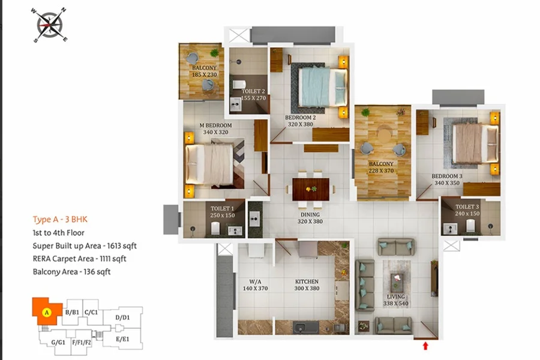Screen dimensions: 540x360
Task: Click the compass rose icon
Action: [50, 25]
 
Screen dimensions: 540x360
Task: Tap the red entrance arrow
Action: [425, 346]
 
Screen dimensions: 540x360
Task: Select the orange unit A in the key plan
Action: [46, 311]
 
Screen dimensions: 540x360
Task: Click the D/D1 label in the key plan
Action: [122, 317]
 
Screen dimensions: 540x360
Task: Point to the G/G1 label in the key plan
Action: [58, 343]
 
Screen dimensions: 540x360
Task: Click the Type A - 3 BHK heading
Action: [60, 220]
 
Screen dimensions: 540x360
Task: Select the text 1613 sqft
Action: [122, 245]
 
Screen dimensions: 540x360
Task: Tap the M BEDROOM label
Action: [215, 125]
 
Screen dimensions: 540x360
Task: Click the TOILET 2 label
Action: [253, 91]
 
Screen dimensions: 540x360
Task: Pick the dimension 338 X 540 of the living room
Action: [396, 304]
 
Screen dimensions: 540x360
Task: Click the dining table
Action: [311, 189]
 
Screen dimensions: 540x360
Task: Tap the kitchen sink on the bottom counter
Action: [306, 328]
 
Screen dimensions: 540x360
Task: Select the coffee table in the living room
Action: [397, 280]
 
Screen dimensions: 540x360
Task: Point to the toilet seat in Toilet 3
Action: [471, 226]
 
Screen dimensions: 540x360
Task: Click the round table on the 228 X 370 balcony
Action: [384, 135]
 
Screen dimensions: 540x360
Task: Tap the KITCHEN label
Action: [307, 281]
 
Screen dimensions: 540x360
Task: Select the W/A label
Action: [255, 281]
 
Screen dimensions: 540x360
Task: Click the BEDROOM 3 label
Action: [447, 176]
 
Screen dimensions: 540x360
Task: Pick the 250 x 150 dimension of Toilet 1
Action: [223, 215]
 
